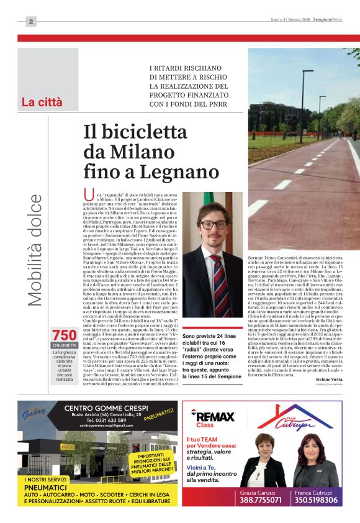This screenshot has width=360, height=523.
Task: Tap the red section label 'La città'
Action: point(42,102)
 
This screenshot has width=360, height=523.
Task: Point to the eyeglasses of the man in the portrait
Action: point(213,225)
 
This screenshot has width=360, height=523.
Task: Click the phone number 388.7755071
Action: point(263,499)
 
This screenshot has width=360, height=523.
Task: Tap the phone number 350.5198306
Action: point(317,499)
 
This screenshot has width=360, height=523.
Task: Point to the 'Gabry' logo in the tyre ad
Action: point(38,414)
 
